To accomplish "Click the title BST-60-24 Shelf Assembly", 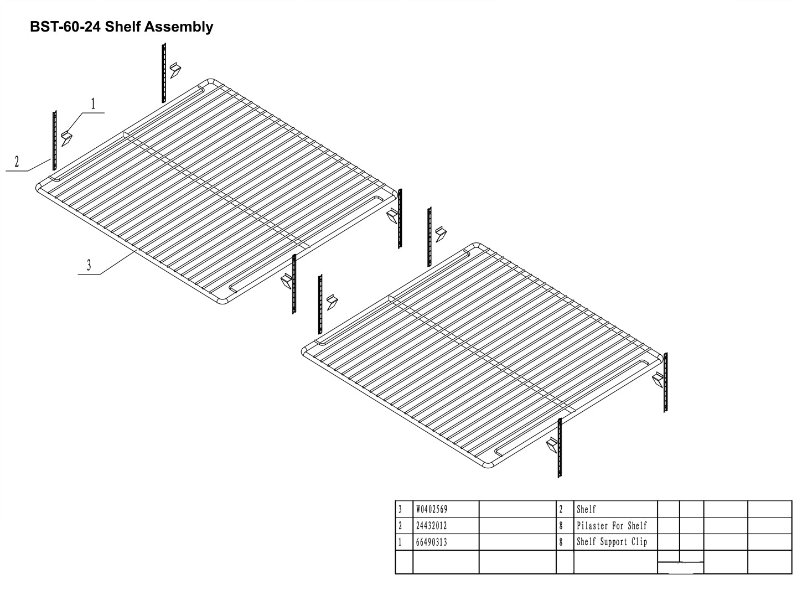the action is (121, 27).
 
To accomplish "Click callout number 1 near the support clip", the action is (93, 103).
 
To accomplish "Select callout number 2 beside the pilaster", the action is (17, 162).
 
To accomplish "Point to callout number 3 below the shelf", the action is (89, 265).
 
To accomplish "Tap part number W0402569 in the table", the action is (432, 509).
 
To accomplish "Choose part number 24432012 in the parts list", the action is (431, 526).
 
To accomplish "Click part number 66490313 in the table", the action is (431, 542).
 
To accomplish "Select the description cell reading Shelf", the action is (586, 509).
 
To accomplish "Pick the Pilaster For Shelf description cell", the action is (612, 526).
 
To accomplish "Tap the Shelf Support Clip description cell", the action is (612, 542).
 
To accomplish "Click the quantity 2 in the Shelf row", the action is (561, 509).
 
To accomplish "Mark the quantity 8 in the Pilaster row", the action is (561, 526).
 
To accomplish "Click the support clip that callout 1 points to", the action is (67, 138).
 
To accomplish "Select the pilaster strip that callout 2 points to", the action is (55, 141).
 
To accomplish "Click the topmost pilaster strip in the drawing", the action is (164, 73).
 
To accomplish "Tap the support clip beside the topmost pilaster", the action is (175, 70).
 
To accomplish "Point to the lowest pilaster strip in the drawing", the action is (560, 448).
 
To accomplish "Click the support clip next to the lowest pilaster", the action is (552, 445).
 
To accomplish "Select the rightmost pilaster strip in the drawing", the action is (666, 382).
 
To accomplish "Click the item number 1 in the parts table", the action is (400, 542).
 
